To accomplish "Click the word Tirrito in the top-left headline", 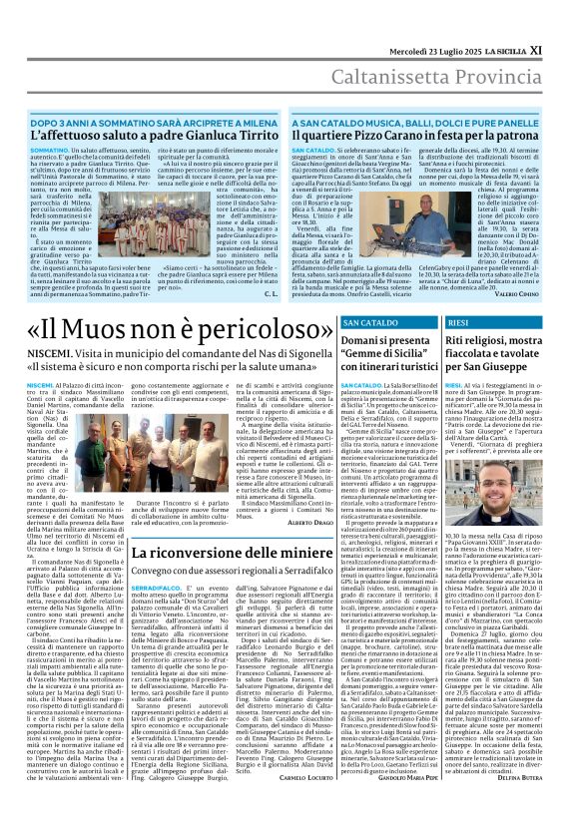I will point(244,134).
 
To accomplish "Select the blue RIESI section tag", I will point(459,323).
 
